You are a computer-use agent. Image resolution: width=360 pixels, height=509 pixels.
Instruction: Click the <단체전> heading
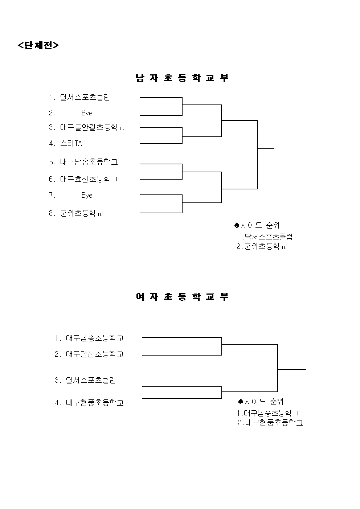pyautogui.click(x=38, y=45)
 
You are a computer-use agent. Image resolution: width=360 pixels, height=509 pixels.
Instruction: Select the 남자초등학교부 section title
pyautogui.click(x=182, y=78)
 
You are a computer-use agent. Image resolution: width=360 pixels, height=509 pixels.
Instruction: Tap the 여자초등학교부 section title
pyautogui.click(x=182, y=296)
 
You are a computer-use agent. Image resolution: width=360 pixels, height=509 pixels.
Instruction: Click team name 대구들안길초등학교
pyautogui.click(x=93, y=127)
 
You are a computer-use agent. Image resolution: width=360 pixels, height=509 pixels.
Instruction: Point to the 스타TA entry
pyautogui.click(x=71, y=143)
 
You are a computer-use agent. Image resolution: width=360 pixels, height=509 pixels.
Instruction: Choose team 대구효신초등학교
pyautogui.click(x=89, y=179)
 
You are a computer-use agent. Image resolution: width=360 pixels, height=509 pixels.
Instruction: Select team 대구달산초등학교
pyautogui.click(x=95, y=354)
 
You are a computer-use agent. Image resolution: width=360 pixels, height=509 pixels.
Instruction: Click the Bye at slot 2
pyautogui.click(x=87, y=113)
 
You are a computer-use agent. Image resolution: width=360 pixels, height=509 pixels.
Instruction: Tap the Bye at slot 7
pyautogui.click(x=87, y=196)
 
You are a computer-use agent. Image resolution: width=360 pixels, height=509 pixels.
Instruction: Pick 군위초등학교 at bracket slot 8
pyautogui.click(x=82, y=213)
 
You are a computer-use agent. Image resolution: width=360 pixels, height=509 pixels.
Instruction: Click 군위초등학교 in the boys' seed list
pyautogui.click(x=266, y=246)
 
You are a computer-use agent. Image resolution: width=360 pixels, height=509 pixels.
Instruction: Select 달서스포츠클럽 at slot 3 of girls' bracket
pyautogui.click(x=91, y=380)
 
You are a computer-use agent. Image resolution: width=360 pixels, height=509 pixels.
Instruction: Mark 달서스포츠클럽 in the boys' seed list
pyautogui.click(x=269, y=237)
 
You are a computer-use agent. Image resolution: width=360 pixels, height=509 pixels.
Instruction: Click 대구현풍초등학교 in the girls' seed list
pyautogui.click(x=274, y=423)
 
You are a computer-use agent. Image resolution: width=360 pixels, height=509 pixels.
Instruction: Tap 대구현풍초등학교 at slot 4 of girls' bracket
pyautogui.click(x=95, y=403)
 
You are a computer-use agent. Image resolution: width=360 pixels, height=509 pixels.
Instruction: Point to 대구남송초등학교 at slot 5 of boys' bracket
pyautogui.click(x=89, y=162)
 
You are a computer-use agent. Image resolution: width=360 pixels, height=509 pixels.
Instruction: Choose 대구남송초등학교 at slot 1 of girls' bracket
pyautogui.click(x=95, y=338)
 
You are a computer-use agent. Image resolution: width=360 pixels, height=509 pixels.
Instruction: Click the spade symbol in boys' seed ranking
pyautogui.click(x=237, y=225)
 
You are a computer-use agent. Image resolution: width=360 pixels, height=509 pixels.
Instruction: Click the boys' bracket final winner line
pyautogui.click(x=266, y=149)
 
